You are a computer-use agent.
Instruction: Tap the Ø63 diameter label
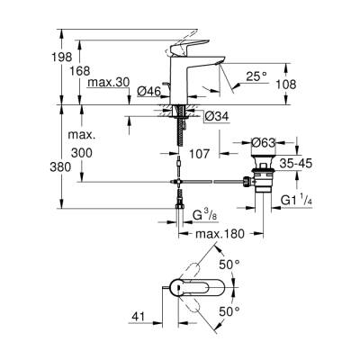(265, 141)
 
